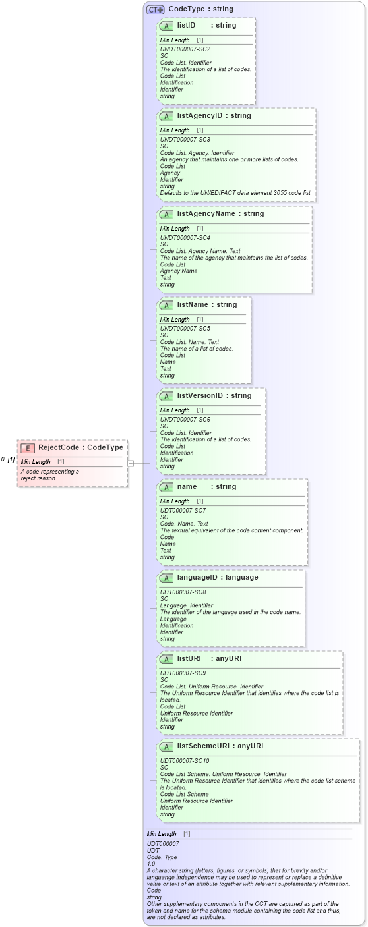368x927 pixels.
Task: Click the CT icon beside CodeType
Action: [x=155, y=9]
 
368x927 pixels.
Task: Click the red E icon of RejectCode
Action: [x=28, y=448]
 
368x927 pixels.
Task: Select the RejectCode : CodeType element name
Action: [x=80, y=448]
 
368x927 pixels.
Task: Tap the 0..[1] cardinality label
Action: [x=7, y=459]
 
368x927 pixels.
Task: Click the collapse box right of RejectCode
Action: [x=131, y=463]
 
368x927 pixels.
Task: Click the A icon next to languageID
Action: [x=166, y=578]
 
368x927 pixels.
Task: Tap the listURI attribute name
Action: [x=189, y=659]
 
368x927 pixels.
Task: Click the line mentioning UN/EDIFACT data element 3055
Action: [x=236, y=193]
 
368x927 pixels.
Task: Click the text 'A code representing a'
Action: [x=49, y=472]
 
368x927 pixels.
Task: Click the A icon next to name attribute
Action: [x=166, y=487]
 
